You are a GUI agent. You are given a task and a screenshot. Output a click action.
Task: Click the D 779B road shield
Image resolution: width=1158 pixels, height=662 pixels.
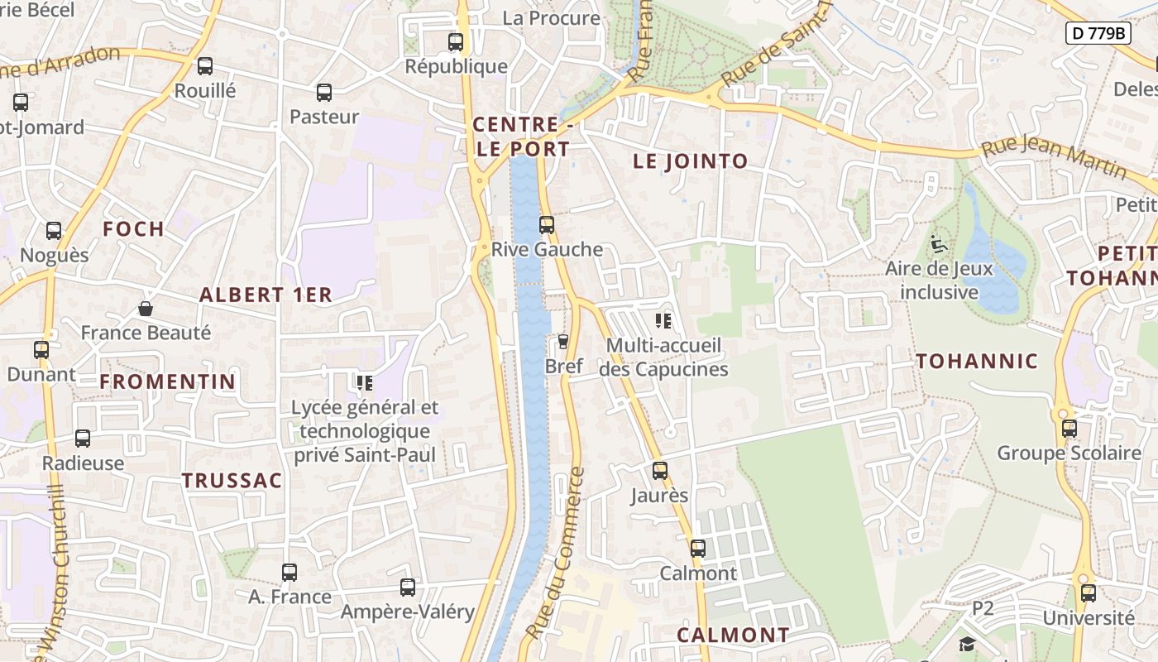point(1098,33)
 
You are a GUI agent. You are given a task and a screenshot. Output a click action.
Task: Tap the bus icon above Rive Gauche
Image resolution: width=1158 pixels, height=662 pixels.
point(546,224)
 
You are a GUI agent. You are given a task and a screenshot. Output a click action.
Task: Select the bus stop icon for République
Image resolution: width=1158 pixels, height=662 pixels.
point(455,41)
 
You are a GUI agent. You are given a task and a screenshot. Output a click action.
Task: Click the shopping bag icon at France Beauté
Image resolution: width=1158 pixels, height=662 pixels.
point(146,309)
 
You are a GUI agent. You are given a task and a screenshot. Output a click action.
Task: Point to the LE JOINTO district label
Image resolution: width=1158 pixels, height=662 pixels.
point(691,161)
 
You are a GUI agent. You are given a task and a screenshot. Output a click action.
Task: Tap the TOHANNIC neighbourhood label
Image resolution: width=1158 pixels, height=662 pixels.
point(977,361)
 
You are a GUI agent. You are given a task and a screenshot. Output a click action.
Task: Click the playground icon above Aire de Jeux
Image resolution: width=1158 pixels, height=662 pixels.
point(939,244)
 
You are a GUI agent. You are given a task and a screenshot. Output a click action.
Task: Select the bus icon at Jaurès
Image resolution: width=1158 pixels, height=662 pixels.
point(659,471)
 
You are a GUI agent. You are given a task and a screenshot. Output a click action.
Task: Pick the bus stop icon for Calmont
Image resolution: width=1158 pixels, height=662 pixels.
point(698,548)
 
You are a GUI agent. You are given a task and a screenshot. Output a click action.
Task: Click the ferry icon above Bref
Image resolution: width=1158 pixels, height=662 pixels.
point(563,341)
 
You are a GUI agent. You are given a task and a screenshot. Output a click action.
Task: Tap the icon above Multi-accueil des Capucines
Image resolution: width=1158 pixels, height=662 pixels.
point(663,320)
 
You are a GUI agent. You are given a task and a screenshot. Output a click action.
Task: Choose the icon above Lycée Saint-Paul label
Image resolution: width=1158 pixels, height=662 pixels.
point(365,382)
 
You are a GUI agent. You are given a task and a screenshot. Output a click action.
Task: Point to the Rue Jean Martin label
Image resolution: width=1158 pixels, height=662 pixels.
point(1054,157)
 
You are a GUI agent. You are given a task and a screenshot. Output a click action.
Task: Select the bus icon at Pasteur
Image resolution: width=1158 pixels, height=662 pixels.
point(324,93)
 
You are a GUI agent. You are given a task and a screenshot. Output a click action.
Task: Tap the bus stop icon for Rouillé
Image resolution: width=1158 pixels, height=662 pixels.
point(205,66)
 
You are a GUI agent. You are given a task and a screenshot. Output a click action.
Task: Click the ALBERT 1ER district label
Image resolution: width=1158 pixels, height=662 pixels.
point(266,295)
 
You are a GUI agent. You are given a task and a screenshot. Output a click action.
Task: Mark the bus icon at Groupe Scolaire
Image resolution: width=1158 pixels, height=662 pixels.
point(1069,429)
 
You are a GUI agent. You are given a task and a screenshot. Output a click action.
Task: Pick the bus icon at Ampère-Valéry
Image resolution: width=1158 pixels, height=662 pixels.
point(408,588)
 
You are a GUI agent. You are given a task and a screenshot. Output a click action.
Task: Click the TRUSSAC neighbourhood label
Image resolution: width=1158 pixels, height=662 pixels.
point(232,480)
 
